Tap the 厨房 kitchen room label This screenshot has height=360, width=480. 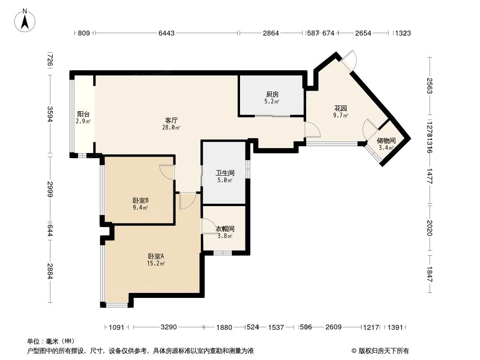(x=272, y=95)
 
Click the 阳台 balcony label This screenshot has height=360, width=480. (x=83, y=114)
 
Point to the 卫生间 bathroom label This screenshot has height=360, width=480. (x=225, y=173)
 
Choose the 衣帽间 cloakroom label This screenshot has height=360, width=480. (x=224, y=229)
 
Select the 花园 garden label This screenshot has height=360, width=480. (x=340, y=109)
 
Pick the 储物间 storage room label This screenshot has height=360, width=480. (x=386, y=141)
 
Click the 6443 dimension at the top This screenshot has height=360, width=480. (x=166, y=33)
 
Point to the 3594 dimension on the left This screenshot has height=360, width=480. (x=51, y=114)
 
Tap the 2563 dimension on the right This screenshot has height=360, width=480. (x=430, y=86)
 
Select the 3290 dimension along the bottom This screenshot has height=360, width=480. (x=169, y=327)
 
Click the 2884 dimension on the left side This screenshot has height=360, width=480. (x=51, y=271)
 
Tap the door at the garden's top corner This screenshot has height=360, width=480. (x=349, y=60)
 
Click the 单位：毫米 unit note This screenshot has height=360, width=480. (x=51, y=341)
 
